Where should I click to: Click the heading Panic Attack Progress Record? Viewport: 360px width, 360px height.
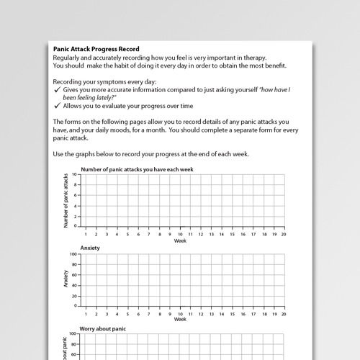(96, 49)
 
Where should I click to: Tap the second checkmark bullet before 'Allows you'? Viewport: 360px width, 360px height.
(57, 106)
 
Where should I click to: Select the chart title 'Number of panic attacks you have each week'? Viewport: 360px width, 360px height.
(137, 169)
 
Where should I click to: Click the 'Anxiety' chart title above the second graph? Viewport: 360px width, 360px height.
(90, 248)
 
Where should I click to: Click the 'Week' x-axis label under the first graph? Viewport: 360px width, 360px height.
(180, 240)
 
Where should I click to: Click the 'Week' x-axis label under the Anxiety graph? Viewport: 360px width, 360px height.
(180, 319)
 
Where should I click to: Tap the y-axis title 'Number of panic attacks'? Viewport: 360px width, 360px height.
(66, 200)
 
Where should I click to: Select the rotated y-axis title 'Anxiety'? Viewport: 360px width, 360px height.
(66, 279)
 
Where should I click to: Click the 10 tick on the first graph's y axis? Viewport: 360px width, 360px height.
(74, 175)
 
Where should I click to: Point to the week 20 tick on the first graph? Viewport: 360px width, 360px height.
(284, 234)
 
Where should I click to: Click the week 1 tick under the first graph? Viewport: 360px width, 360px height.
(86, 234)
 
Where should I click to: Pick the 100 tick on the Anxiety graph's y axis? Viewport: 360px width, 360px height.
(73, 254)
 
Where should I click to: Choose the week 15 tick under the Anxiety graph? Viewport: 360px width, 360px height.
(233, 313)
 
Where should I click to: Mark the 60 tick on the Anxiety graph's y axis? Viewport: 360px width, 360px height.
(74, 275)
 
